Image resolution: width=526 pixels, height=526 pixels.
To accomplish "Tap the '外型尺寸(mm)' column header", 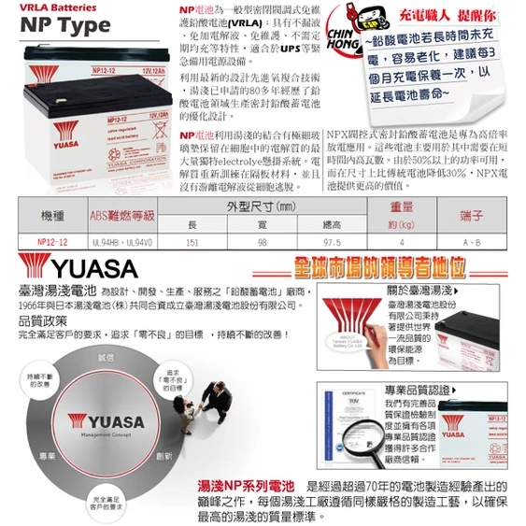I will click(262, 205).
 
